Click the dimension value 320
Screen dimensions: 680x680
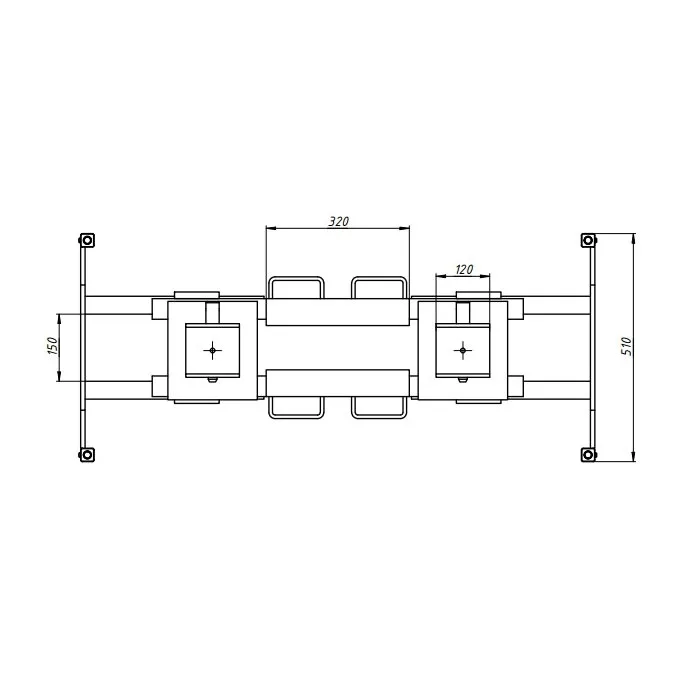[339, 222]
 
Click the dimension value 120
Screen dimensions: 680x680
[464, 270]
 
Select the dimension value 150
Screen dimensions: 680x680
[52, 346]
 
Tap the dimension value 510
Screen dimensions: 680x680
[627, 346]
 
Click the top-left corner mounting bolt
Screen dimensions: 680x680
[87, 240]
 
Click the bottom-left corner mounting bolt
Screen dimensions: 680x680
[87, 455]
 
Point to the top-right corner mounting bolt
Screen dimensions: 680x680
[588, 240]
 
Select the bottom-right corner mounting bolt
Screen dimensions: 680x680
[588, 455]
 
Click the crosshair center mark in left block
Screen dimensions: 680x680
[212, 350]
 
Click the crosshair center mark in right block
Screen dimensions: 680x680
[463, 350]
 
